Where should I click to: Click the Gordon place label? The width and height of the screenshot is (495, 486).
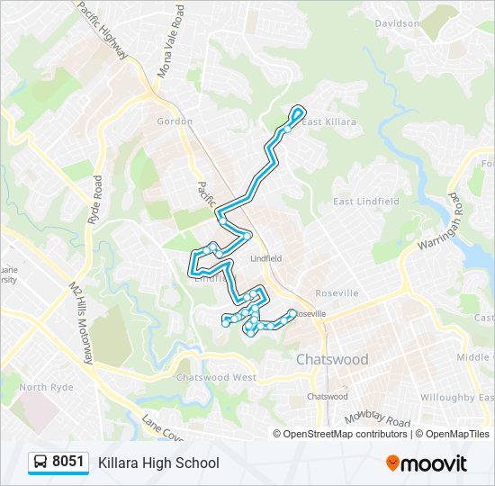[x=175, y=121]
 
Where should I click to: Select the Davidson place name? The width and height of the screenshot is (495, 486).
[x=397, y=23]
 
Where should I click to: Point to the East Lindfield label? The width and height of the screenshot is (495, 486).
[x=366, y=202]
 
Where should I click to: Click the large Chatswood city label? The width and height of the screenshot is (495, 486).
[x=332, y=359]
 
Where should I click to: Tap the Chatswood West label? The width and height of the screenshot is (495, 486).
[x=216, y=377]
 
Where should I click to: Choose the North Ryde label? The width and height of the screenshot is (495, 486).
[x=45, y=388]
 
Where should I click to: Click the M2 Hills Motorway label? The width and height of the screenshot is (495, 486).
[x=80, y=321]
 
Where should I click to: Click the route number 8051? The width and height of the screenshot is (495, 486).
[x=68, y=463]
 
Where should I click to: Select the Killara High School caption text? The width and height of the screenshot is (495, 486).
[x=158, y=463]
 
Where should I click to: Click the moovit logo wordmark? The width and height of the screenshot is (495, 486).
[x=433, y=463]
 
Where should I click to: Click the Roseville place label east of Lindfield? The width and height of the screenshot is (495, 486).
[x=337, y=293]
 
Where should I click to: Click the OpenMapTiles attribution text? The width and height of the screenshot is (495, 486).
[x=457, y=434]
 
